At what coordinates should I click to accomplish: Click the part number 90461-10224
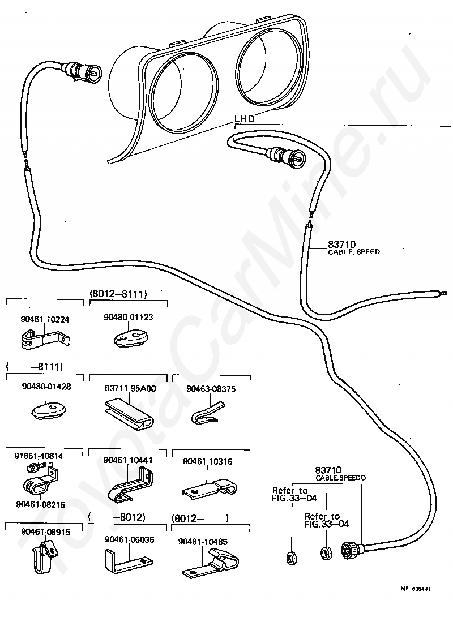[45, 319]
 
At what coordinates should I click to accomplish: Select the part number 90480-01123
[128, 317]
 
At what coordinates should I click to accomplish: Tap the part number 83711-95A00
[130, 388]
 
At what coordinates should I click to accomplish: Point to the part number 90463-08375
[211, 389]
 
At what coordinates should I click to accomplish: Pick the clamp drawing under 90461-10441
[131, 486]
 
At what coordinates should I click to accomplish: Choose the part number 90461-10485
[203, 542]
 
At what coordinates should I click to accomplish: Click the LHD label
[244, 118]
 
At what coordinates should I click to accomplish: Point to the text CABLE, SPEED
[354, 252]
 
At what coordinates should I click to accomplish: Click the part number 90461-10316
[207, 461]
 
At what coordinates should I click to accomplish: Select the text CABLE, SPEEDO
[341, 478]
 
